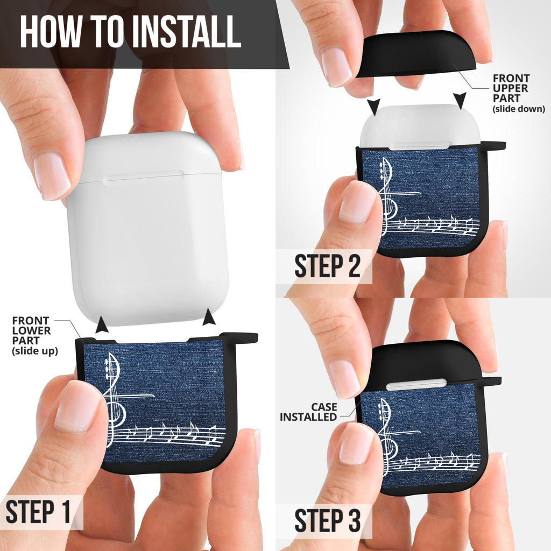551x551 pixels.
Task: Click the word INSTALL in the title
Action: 187,32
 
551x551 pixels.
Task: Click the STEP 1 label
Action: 38,512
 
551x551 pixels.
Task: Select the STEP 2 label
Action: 328,266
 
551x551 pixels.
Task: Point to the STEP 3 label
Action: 328,520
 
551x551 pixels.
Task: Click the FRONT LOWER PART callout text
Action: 34,336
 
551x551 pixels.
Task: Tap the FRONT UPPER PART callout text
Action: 518,93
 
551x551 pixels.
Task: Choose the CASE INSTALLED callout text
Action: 308,412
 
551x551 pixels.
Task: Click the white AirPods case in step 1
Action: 147,228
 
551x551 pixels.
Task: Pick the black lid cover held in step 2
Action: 416,54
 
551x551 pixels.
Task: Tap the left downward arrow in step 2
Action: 375,107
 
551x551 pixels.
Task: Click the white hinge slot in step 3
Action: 416,384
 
